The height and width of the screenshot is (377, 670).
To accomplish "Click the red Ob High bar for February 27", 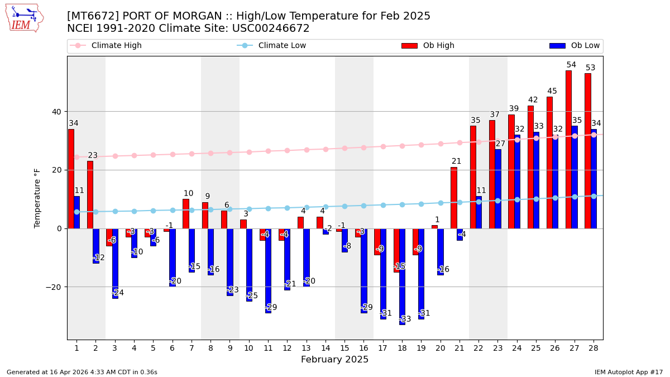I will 568,149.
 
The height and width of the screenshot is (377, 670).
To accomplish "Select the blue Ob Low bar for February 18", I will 402,276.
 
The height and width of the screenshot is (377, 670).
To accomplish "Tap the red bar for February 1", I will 71,179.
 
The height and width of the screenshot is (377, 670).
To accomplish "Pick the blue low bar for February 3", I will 115,263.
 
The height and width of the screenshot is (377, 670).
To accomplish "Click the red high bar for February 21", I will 453,198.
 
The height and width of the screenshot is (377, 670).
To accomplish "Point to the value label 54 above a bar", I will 571,65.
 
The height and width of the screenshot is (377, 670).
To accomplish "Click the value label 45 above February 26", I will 552,91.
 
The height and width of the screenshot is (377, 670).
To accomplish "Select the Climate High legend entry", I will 116,46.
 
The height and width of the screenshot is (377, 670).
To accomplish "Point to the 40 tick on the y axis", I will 56,112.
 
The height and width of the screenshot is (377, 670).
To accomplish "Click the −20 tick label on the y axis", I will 54,287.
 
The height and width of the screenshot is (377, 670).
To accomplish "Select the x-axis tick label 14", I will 320,348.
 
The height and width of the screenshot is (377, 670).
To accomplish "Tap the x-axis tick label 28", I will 593,348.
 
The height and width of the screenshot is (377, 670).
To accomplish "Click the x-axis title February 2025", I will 334,360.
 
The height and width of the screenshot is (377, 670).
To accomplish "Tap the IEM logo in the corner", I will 24,18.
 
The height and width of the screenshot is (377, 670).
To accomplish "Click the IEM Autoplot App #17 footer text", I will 628,372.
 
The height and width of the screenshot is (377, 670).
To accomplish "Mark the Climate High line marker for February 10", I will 249,152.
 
